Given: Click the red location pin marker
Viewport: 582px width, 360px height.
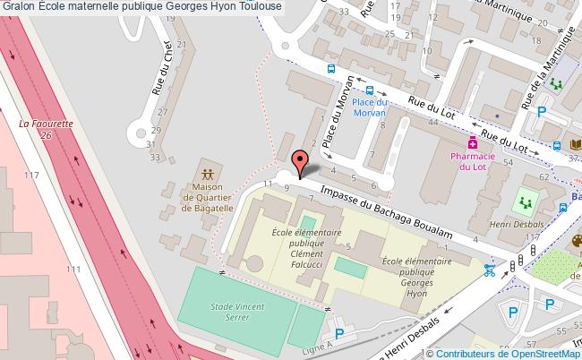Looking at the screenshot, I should click(x=300, y=161).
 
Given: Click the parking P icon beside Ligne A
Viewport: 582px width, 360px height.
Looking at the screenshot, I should click(x=337, y=324).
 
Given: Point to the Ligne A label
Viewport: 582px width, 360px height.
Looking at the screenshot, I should click(x=318, y=344).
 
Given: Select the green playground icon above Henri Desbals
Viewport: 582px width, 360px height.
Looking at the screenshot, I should click(x=525, y=201).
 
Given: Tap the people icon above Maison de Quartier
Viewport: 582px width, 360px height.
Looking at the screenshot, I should click(x=208, y=172).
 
